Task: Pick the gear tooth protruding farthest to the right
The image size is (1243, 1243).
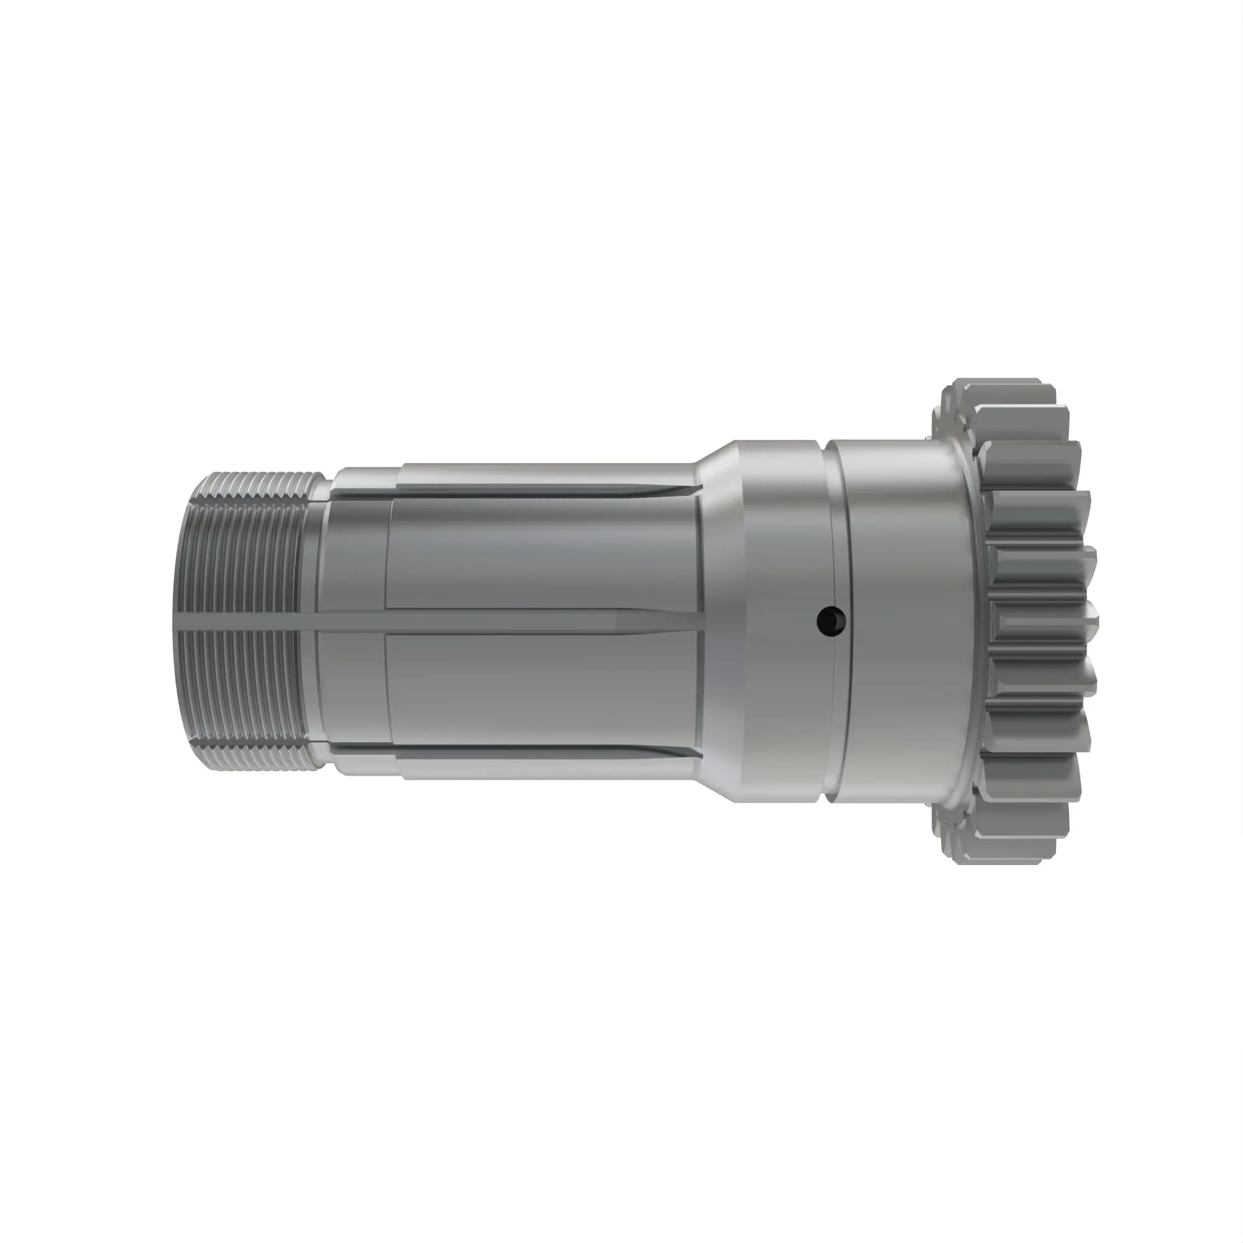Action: click(x=1091, y=621)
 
